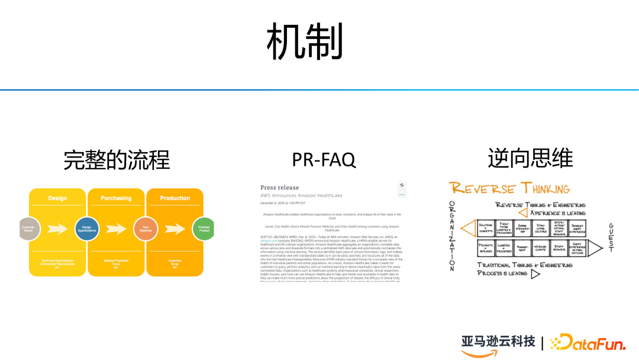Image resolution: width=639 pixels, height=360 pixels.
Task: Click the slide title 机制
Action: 304,41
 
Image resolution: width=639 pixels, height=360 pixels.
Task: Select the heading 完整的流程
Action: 117,160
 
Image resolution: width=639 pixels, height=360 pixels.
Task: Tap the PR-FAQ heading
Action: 324,160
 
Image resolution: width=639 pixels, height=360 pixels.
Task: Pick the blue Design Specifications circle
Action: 87,229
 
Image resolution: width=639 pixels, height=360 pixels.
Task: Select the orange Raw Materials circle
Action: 145,229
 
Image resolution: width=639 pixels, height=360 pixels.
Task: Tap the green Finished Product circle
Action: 203,229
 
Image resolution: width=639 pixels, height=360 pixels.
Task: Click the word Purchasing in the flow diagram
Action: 116,198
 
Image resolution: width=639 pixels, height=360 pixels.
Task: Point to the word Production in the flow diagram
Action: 175,198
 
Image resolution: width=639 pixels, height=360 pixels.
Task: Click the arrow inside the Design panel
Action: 58,229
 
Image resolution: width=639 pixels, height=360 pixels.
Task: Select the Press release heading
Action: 280,188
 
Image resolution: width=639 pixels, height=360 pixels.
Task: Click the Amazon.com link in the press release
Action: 270,241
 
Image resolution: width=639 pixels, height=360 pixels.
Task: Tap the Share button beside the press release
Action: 402,189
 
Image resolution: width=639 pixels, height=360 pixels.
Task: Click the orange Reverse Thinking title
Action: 509,189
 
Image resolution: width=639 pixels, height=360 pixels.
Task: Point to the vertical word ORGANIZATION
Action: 453,236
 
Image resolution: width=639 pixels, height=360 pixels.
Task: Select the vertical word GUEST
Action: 611,237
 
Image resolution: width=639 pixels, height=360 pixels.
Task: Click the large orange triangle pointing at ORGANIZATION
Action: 468,228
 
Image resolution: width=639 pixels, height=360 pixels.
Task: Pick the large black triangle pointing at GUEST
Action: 595,247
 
